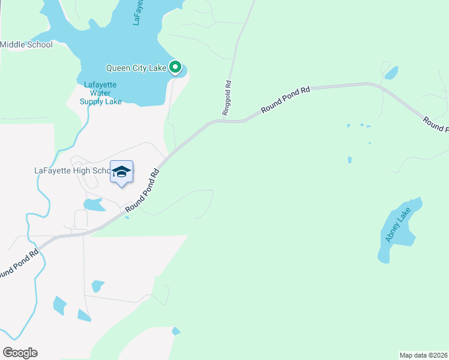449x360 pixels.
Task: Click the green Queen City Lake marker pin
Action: [175, 67]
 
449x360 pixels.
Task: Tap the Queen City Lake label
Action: [136, 68]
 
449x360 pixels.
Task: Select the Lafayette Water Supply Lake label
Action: [100, 93]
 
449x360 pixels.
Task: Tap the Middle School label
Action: [26, 44]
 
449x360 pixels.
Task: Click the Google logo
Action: [20, 353]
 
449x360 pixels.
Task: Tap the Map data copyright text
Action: [424, 355]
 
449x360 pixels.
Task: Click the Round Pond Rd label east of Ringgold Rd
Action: [285, 100]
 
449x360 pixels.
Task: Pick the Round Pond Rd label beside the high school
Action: [143, 189]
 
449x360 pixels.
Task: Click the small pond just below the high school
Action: [94, 205]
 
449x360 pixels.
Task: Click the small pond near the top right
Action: [391, 73]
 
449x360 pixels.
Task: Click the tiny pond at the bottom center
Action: [176, 331]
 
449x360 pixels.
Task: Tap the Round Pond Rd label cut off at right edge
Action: [435, 124]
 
